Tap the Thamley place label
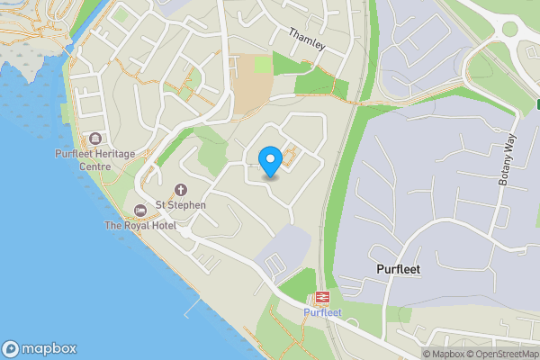point(305,40)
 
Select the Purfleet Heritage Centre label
point(94,160)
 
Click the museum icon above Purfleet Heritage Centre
point(95,139)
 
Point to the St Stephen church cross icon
point(181,190)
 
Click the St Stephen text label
point(181,205)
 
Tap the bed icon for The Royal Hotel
point(139,211)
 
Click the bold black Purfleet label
point(398,269)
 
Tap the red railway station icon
point(321,298)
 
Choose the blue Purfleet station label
point(321,312)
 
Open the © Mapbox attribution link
point(443,354)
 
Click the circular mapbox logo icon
point(11,349)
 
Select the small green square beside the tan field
point(263,64)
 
